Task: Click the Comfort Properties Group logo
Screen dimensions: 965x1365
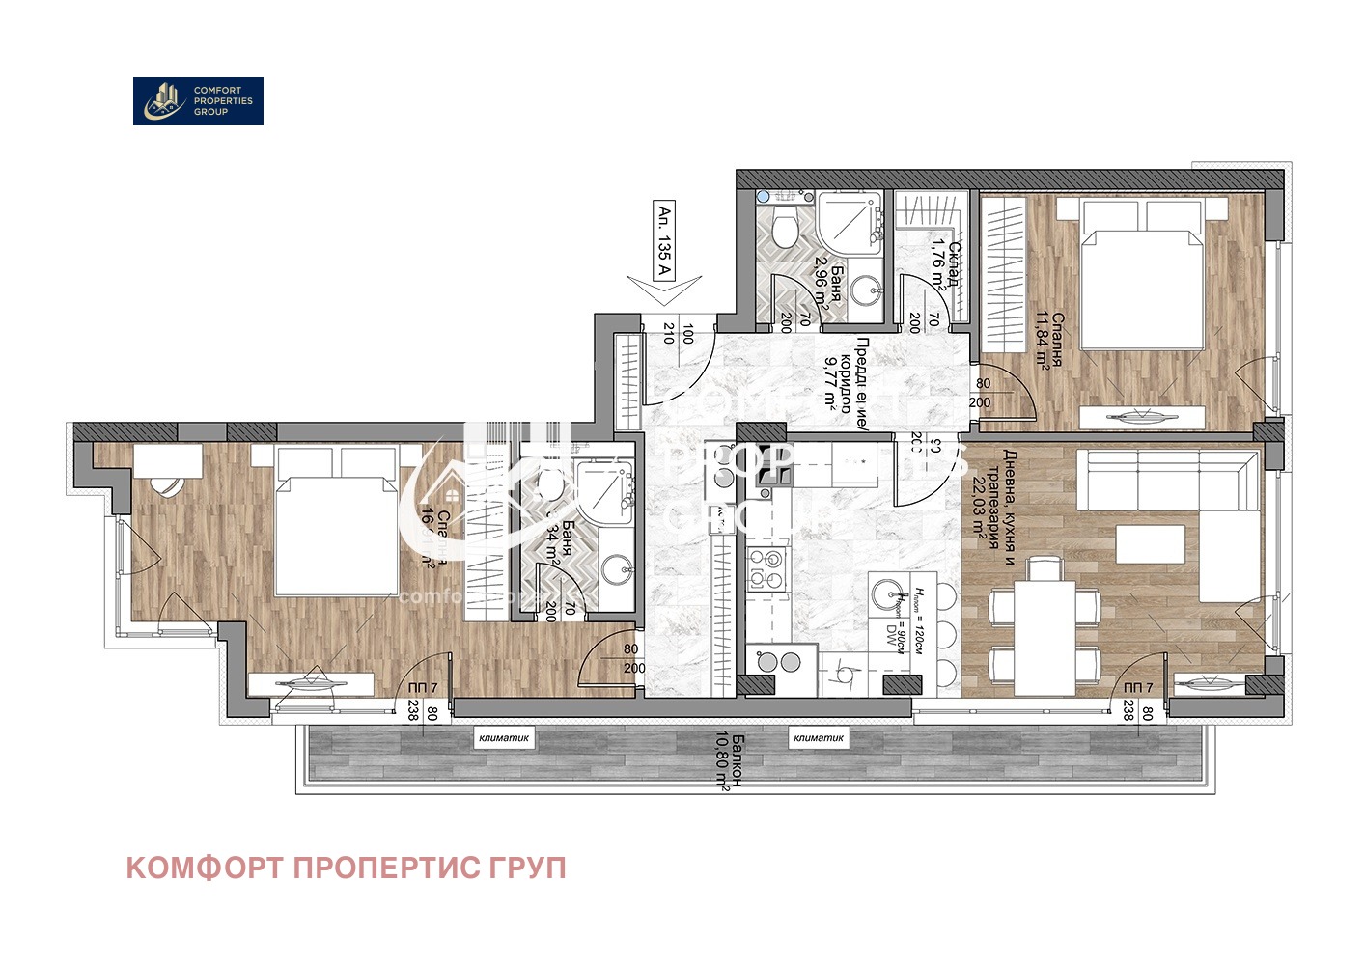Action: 198,101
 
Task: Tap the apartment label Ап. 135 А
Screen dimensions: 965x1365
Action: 663,240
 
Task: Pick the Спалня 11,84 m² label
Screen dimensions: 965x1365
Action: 1049,339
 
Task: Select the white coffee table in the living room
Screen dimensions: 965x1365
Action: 1151,543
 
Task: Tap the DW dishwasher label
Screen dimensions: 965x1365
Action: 893,635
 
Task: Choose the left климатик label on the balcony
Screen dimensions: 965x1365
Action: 504,738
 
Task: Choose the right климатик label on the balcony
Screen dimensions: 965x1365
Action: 819,738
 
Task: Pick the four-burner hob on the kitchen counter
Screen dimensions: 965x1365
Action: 769,568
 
